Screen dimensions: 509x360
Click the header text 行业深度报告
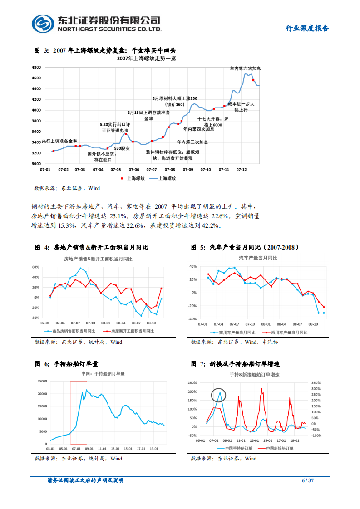point(307,28)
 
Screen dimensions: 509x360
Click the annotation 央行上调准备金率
point(59,141)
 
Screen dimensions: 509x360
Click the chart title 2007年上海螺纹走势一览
point(146,59)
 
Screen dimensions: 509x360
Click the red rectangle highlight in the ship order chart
point(78,412)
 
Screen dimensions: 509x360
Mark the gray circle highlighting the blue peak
point(218,396)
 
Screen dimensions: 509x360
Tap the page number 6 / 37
point(308,480)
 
